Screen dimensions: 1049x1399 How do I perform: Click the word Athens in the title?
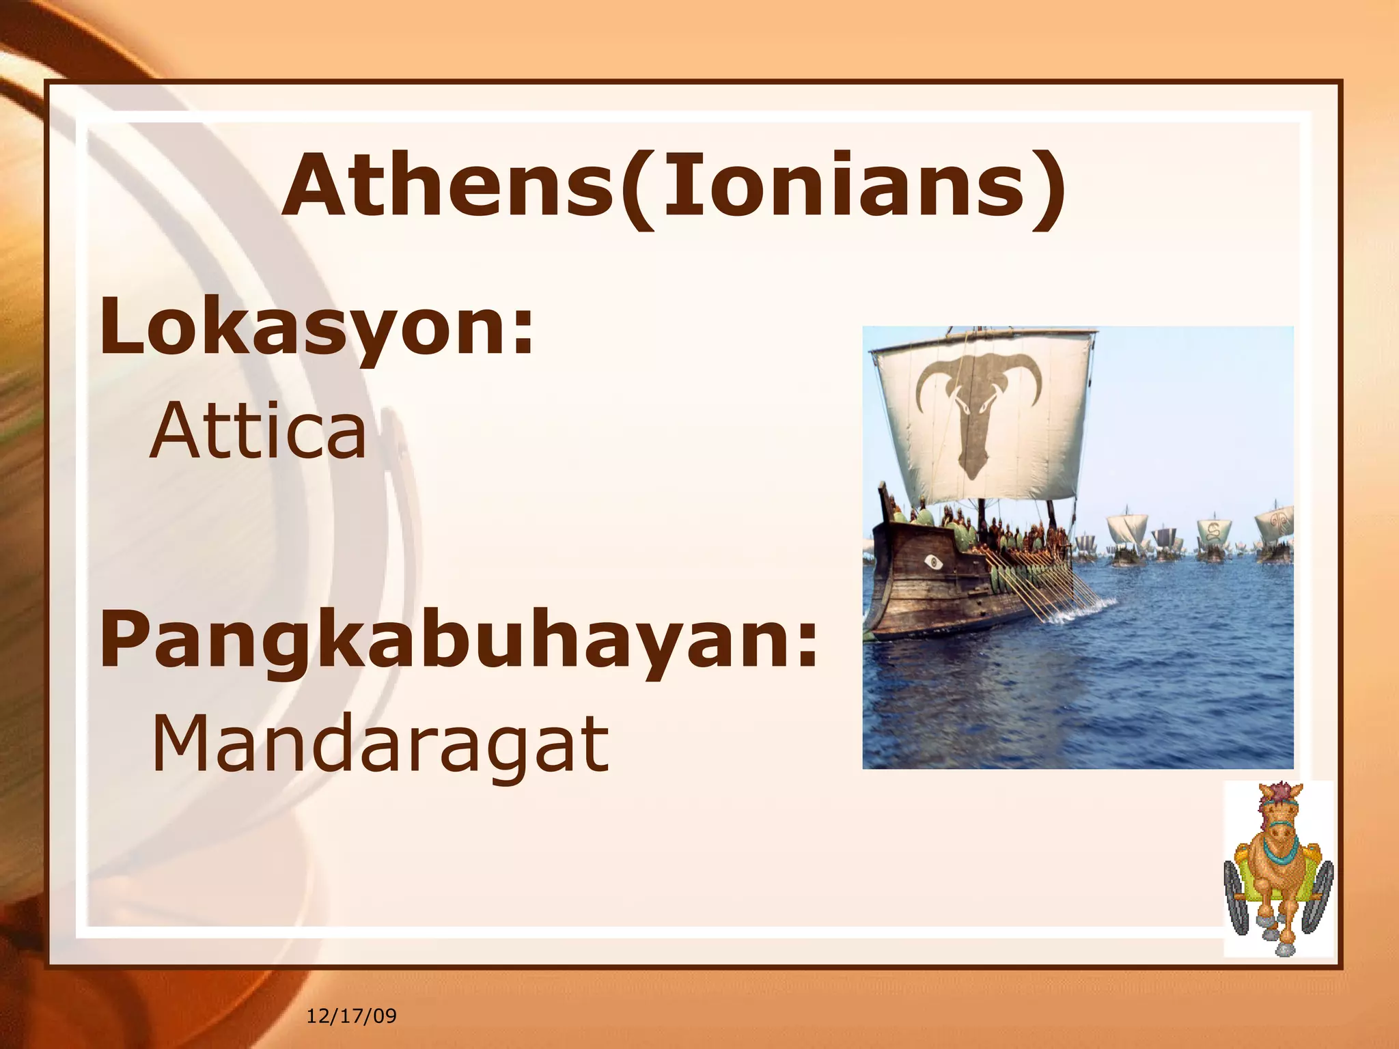point(447,186)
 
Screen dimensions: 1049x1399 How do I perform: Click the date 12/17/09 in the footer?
point(351,1016)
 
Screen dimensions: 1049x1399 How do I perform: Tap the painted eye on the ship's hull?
point(932,562)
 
